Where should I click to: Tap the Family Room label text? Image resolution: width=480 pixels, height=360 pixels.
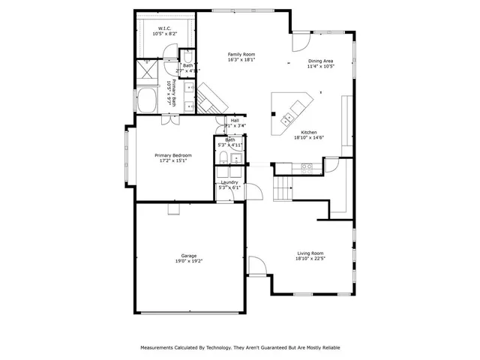(x=241, y=55)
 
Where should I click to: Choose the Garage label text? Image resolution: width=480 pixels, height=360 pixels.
(x=188, y=256)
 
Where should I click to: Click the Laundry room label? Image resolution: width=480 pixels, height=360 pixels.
(x=229, y=181)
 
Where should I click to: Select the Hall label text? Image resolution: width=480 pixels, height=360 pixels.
(x=235, y=120)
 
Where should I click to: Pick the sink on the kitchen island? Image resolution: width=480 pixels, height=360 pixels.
(x=287, y=119)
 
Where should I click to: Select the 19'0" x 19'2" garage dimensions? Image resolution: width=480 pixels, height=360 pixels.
(x=188, y=262)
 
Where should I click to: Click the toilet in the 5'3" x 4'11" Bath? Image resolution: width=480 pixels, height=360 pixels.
(x=223, y=157)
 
